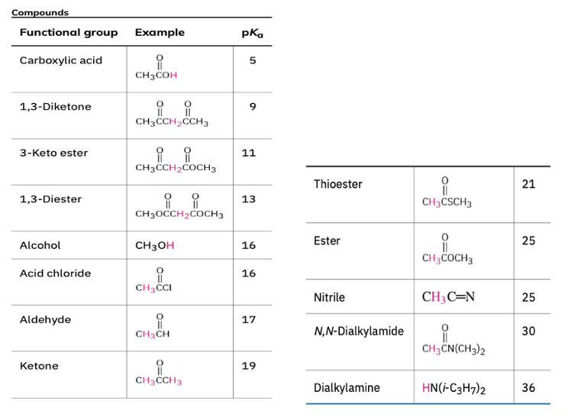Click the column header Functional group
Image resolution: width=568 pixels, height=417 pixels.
pos(69,33)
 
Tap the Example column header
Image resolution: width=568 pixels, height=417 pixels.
pos(160,33)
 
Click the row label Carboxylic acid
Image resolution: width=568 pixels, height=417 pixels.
pos(61,60)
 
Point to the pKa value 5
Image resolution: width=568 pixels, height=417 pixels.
pos(253,60)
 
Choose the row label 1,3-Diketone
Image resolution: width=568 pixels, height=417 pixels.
pos(55,107)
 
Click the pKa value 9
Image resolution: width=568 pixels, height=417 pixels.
pos(253,107)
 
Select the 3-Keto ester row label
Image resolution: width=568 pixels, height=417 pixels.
pos(53,153)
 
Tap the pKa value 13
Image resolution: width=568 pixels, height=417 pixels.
pos(249,199)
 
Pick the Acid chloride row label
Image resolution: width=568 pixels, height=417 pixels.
pos(55,273)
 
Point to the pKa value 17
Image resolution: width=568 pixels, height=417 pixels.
pos(249,319)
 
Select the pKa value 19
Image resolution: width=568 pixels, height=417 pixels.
pos(249,366)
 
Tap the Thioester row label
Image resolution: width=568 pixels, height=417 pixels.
pos(338,184)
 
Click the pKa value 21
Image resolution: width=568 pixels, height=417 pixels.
pos(528,184)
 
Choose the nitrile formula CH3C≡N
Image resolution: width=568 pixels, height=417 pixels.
pos(448,297)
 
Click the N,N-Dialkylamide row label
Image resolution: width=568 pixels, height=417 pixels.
pos(359,331)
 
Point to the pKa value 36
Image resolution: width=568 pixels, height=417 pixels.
pos(528,388)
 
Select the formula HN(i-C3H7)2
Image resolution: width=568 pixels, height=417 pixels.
pos(453,389)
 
